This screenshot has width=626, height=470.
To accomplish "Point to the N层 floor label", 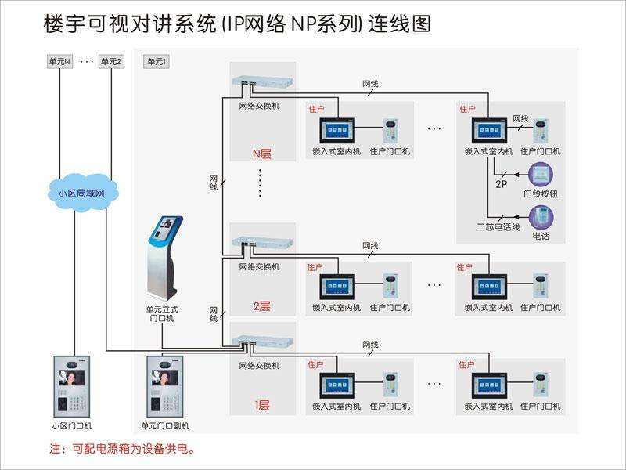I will pos(261,153).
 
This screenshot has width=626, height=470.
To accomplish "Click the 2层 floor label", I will pos(261,306).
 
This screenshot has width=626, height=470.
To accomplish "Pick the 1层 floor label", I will pos(261,405).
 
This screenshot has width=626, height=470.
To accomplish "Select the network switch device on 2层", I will pos(263,237).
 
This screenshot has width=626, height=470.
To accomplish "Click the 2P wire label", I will pos(502,184).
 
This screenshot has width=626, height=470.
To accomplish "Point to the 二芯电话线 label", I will pos(498,228).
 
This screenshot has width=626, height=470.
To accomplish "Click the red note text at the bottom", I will pos(122,450).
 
